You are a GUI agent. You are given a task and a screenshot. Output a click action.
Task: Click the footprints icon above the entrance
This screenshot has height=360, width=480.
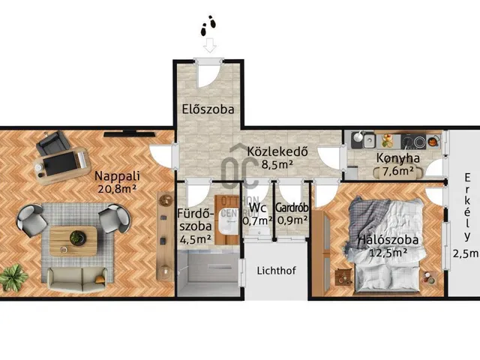[208, 28]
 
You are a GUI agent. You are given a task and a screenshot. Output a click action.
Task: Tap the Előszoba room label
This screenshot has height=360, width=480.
[208, 109]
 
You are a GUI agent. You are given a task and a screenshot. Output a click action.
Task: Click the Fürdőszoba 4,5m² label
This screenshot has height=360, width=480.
[193, 226]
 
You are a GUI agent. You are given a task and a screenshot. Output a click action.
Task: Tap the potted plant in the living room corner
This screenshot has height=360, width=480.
[12, 277]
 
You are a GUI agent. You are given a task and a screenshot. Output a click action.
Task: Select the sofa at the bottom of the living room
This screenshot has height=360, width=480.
[76, 279]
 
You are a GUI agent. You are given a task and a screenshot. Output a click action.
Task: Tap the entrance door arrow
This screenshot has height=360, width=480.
[209, 46]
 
